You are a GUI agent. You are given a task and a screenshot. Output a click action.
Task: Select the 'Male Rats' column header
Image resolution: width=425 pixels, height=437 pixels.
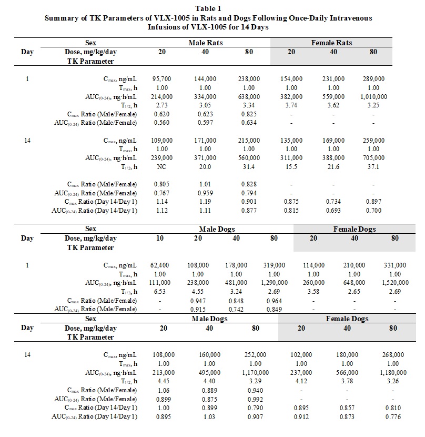(206, 43)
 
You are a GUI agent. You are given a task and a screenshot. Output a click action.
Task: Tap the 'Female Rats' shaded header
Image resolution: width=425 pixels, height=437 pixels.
(332, 43)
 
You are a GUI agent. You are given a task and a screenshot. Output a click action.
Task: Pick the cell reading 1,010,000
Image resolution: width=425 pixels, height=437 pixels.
(373, 97)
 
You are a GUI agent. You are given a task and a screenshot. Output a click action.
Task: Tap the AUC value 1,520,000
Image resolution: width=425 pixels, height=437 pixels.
(394, 283)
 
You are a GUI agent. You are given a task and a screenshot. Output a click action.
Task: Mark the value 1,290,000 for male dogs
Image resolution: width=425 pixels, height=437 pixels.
(274, 283)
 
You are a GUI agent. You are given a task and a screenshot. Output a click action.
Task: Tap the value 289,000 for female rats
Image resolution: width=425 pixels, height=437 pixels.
(373, 78)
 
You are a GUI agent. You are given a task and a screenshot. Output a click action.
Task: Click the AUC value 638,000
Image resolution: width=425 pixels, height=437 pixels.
(249, 97)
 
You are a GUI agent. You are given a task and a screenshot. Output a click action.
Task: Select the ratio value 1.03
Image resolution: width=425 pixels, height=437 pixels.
(209, 417)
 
